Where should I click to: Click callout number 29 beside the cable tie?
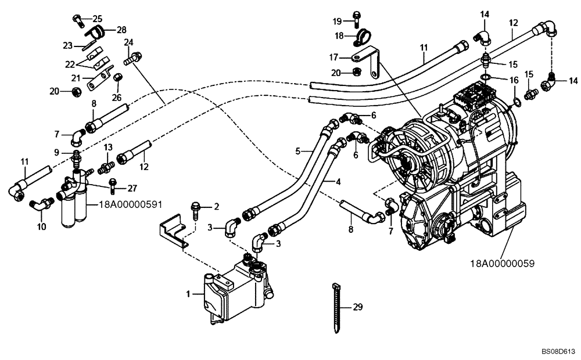point(358,307)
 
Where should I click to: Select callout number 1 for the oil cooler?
point(188,295)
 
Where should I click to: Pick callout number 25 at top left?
point(96,18)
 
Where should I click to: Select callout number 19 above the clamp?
point(338,21)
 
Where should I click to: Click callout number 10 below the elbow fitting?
point(41,226)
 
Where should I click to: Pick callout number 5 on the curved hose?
point(297,151)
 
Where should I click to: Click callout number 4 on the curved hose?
point(338,182)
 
